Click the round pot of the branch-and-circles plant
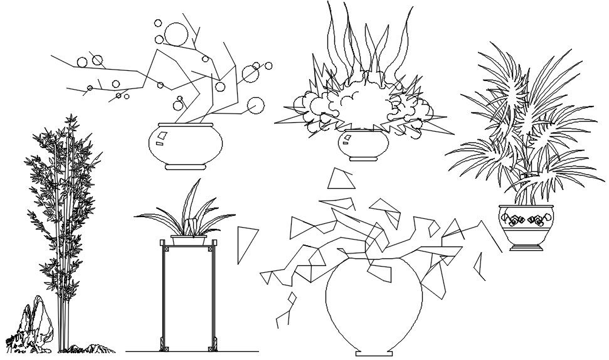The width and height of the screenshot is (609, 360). pyautogui.click(x=186, y=143)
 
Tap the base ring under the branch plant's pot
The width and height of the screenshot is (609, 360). pyautogui.click(x=186, y=167)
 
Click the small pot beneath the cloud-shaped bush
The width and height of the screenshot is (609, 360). pyautogui.click(x=363, y=144)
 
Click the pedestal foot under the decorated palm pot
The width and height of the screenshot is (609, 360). pyautogui.click(x=526, y=247)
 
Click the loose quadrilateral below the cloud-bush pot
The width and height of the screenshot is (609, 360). pyautogui.click(x=341, y=179)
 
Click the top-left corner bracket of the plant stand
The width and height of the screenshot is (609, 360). pyautogui.click(x=166, y=250)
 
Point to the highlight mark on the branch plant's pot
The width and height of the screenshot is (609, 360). pyautogui.click(x=162, y=135)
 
